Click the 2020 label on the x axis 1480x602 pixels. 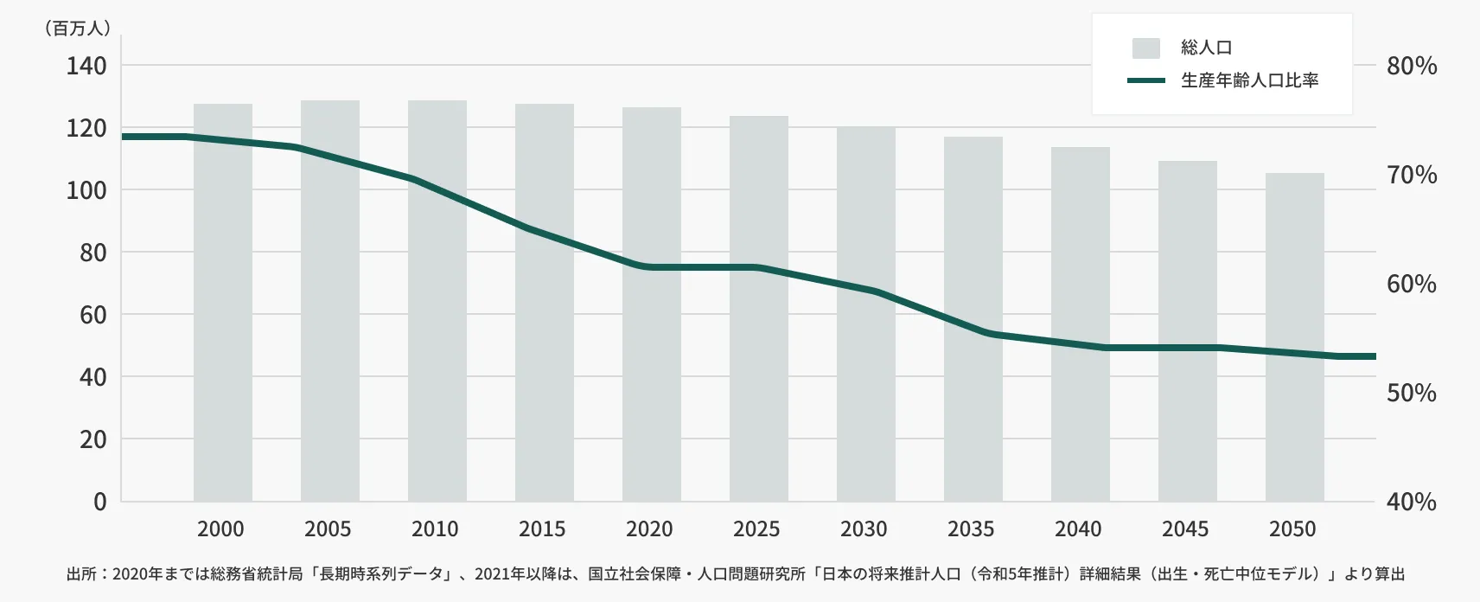(x=649, y=528)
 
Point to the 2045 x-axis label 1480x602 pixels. (x=1185, y=528)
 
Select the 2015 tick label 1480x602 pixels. (x=542, y=528)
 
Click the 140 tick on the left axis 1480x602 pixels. (x=86, y=66)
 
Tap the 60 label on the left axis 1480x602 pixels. (x=92, y=315)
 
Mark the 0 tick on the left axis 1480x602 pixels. (x=100, y=502)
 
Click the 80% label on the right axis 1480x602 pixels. (x=1411, y=66)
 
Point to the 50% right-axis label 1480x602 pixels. (x=1411, y=393)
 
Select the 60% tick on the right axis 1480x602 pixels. (x=1411, y=284)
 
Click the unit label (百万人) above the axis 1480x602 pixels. (x=78, y=29)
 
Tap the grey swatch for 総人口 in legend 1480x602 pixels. (x=1145, y=48)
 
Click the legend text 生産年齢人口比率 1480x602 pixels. (x=1249, y=81)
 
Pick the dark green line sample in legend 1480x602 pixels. (x=1145, y=81)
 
